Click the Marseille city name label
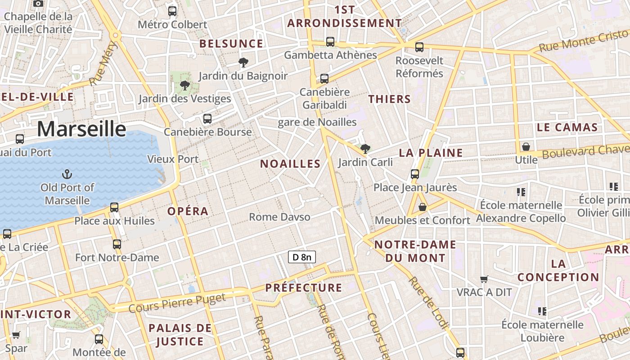(81, 129)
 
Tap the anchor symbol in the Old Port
(67, 174)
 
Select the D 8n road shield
(301, 257)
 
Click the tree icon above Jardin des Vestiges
(184, 85)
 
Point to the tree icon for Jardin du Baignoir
(243, 62)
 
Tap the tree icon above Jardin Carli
(365, 148)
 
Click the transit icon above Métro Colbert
(172, 11)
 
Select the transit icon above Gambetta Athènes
(330, 42)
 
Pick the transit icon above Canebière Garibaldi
(324, 79)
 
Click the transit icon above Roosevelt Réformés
(419, 47)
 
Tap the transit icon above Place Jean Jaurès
(415, 174)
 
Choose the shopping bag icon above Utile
(526, 147)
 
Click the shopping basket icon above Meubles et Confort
(423, 207)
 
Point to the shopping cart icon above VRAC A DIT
(484, 279)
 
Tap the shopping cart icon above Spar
(16, 335)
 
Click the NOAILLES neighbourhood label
(290, 164)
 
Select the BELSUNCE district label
(231, 44)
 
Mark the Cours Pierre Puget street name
(177, 303)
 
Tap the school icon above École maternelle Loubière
(542, 311)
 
